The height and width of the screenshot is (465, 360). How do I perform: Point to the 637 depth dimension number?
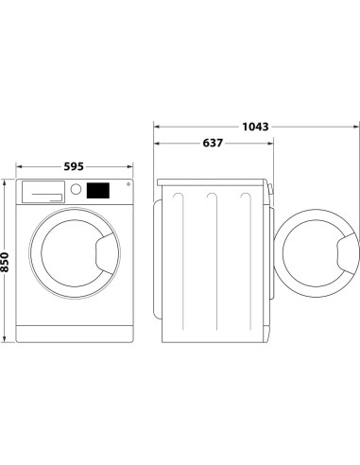(x=214, y=144)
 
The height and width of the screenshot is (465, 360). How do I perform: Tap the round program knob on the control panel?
(x=74, y=190)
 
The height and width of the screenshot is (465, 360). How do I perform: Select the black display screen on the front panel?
(x=97, y=190)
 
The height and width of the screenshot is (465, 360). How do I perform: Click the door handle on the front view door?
(x=102, y=254)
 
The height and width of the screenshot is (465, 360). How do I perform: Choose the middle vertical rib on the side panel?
(x=212, y=260)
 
